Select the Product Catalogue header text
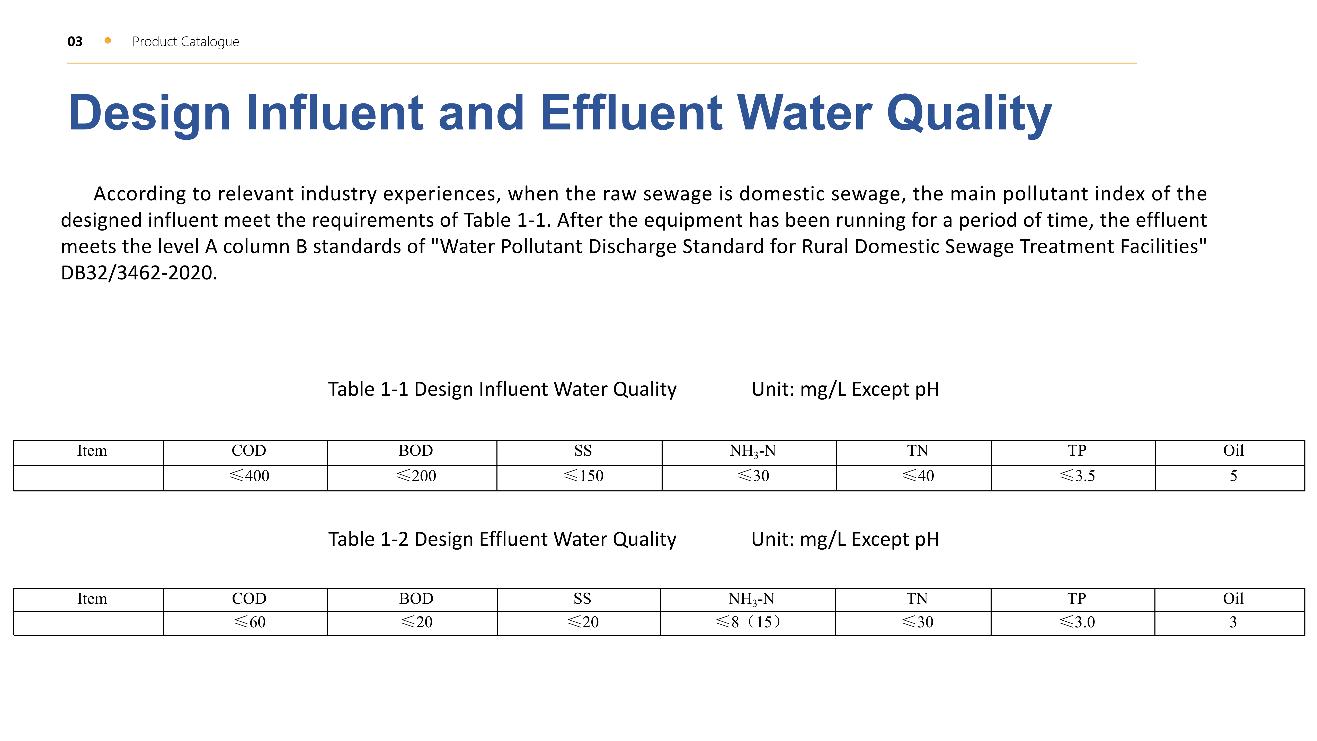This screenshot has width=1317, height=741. (185, 41)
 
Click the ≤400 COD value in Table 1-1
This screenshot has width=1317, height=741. (250, 475)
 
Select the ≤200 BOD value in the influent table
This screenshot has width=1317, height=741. (416, 475)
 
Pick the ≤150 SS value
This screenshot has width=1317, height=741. (583, 475)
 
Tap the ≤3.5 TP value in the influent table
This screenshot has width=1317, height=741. (1077, 475)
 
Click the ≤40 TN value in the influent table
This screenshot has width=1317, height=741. (918, 475)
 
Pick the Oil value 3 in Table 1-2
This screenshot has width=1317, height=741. (1233, 622)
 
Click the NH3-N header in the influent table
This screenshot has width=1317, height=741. (753, 451)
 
